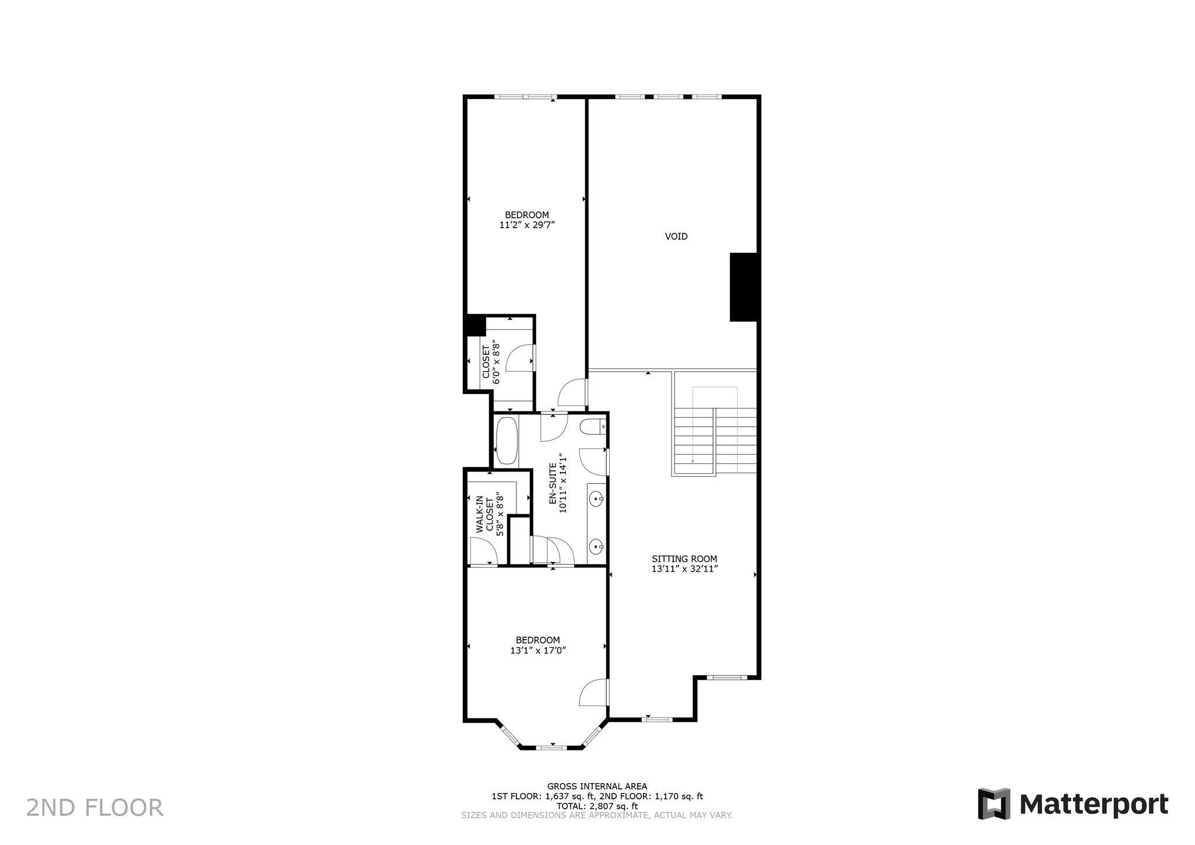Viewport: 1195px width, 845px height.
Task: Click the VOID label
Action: (x=676, y=236)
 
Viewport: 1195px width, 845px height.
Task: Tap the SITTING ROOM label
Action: (x=684, y=558)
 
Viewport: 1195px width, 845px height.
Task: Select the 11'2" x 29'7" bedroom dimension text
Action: (x=526, y=225)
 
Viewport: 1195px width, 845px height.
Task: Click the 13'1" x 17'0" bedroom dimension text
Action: (x=537, y=650)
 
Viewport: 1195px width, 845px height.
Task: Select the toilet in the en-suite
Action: (x=593, y=427)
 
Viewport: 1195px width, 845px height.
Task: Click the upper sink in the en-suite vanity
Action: (x=596, y=498)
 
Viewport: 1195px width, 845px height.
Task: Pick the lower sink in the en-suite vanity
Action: (x=596, y=547)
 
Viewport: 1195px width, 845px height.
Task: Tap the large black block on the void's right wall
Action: (x=743, y=287)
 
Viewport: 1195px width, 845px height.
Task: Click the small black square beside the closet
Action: (x=475, y=325)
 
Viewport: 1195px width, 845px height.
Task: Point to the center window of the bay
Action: (x=551, y=747)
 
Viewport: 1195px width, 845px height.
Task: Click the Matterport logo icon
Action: (x=994, y=804)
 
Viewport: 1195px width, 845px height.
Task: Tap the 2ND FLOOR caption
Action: (x=95, y=808)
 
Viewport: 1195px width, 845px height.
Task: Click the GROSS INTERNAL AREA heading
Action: (x=596, y=786)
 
